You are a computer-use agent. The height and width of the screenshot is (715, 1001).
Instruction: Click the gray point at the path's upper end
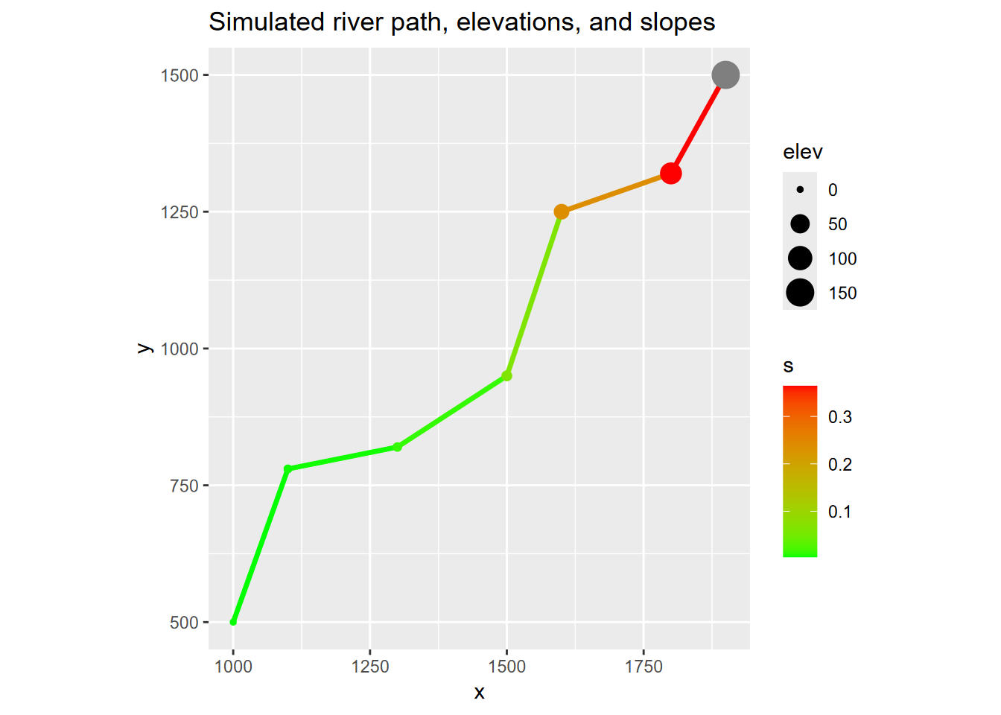(725, 75)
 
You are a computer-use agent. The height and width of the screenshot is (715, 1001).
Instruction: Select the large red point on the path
(670, 174)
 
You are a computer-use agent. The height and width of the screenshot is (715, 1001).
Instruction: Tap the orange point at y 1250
(562, 212)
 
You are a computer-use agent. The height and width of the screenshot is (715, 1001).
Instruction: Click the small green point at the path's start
(233, 622)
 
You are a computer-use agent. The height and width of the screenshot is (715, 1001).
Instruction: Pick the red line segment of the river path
(698, 124)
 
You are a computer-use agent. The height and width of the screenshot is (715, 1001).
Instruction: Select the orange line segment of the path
(616, 193)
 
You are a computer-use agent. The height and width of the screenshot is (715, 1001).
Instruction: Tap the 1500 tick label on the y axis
(179, 75)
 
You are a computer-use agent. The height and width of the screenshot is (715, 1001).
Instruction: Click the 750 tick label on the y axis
(184, 486)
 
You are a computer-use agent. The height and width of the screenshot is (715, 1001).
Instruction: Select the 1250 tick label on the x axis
(370, 667)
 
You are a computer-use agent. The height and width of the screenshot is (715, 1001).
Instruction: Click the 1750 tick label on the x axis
(643, 667)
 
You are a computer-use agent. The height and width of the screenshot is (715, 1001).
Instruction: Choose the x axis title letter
(479, 693)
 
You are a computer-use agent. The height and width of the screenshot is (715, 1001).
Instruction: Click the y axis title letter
(145, 349)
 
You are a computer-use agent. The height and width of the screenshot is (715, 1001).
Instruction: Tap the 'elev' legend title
(802, 153)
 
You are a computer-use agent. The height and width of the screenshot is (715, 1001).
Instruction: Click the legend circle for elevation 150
(800, 293)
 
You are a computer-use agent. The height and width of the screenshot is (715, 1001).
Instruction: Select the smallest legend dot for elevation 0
(800, 190)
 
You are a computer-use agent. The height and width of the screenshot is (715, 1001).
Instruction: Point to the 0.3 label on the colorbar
(839, 417)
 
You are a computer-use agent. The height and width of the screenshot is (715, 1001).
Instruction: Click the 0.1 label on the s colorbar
(839, 512)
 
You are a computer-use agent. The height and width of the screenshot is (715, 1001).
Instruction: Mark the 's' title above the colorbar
(788, 366)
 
